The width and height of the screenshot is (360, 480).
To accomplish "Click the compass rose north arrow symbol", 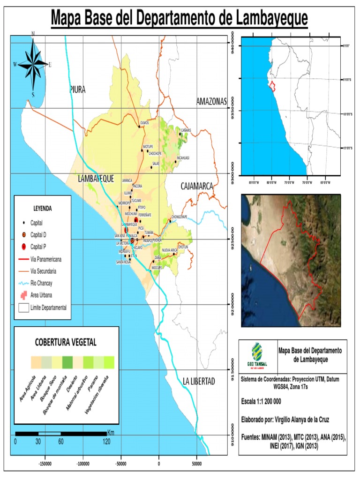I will (x=33, y=64).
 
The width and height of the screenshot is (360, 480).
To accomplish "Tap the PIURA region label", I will (x=77, y=90).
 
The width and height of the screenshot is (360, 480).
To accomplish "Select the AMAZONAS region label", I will (x=211, y=102).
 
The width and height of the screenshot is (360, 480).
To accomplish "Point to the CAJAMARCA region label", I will (x=197, y=187).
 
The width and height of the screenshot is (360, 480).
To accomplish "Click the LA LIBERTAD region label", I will (x=199, y=381).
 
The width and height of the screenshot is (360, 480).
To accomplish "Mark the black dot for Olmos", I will (x=139, y=126).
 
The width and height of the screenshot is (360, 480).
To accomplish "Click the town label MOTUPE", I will (x=148, y=146).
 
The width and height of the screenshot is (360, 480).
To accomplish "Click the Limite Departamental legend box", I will (x=23, y=308).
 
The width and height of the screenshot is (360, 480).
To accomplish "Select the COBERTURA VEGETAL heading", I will (x=66, y=342).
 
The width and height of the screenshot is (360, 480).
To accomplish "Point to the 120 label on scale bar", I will (x=106, y=442).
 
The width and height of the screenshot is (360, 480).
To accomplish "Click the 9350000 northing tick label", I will (x=232, y=110).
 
